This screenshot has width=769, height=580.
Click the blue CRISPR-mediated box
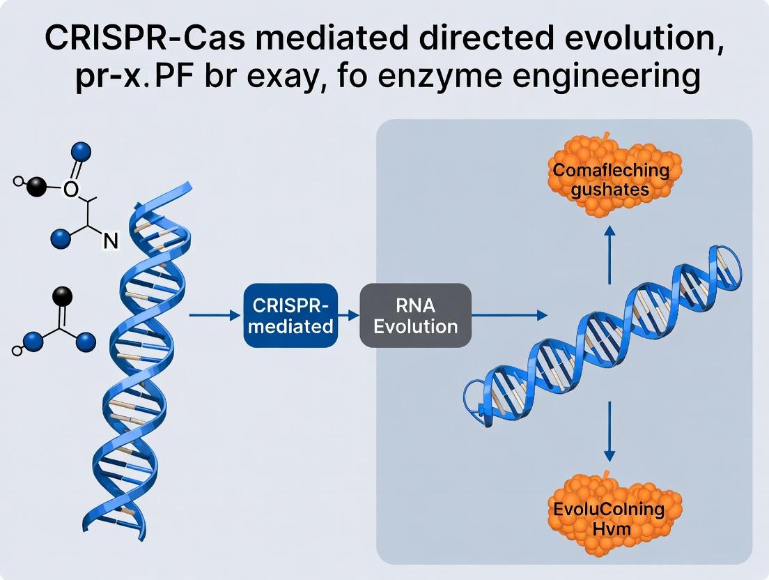pyautogui.click(x=290, y=315)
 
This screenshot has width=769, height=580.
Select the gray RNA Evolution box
pyautogui.click(x=415, y=315)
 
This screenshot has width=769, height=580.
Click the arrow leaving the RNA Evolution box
pyautogui.click(x=509, y=316)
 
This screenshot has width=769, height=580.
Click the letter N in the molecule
pyautogui.click(x=110, y=241)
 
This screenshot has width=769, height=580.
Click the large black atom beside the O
pyautogui.click(x=37, y=186)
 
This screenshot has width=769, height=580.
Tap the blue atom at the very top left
pyautogui.click(x=82, y=151)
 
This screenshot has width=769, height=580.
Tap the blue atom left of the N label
pyautogui.click(x=61, y=238)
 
